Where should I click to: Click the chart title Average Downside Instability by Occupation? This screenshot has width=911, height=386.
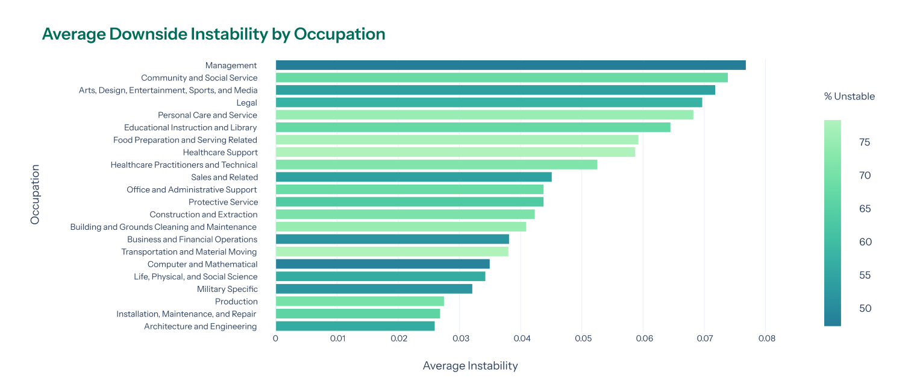pyautogui.click(x=213, y=34)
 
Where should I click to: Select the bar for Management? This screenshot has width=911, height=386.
pyautogui.click(x=510, y=65)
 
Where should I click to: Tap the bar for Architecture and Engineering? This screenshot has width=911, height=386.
pyautogui.click(x=355, y=326)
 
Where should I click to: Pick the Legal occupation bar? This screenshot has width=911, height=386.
pyautogui.click(x=489, y=103)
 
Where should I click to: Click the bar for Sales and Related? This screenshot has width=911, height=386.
pyautogui.click(x=413, y=177)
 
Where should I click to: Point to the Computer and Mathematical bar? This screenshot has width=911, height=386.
pyautogui.click(x=383, y=264)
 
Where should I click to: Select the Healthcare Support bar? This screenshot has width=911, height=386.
pyautogui.click(x=455, y=153)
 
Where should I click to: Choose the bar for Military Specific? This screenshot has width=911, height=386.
pyautogui.click(x=374, y=289)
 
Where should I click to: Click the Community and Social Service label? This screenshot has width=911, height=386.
pyautogui.click(x=199, y=78)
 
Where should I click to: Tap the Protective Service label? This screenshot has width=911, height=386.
pyautogui.click(x=223, y=202)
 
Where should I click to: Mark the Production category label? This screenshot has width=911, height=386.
pyautogui.click(x=236, y=302)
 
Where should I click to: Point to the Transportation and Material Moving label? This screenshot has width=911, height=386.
pyautogui.click(x=189, y=252)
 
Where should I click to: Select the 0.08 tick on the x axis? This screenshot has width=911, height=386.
pyautogui.click(x=765, y=339)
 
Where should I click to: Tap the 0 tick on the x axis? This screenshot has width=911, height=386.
pyautogui.click(x=275, y=339)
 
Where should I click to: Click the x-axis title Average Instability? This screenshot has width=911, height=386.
pyautogui.click(x=470, y=365)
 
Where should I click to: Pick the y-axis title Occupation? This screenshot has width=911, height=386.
pyautogui.click(x=35, y=194)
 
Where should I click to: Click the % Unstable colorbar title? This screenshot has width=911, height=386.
pyautogui.click(x=849, y=96)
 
